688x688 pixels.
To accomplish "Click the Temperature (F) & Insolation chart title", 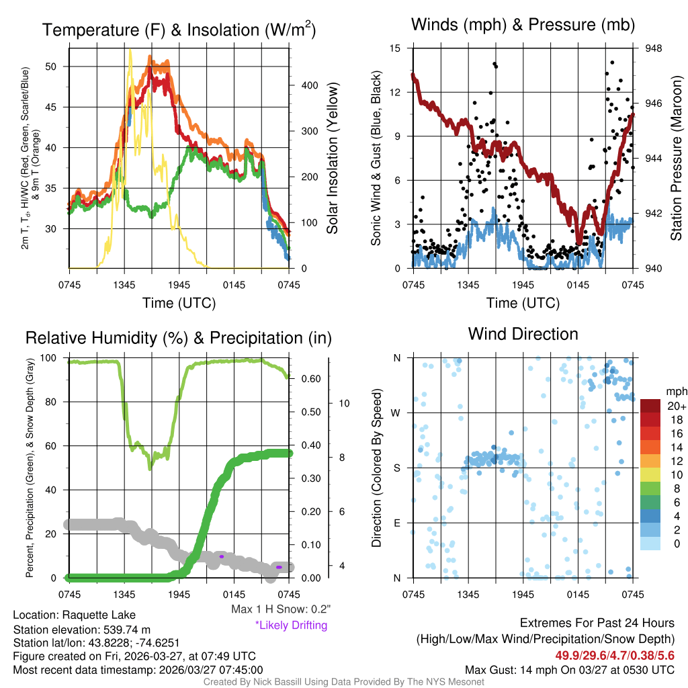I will (179, 30).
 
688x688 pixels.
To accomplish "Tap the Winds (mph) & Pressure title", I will (523, 26).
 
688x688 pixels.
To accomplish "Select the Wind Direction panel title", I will (523, 334).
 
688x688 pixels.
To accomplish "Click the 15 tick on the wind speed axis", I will (395, 48).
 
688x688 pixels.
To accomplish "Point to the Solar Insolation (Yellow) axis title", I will (332, 157).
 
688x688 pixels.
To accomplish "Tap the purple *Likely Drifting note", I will (291, 625).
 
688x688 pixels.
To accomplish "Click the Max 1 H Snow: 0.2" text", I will (280, 609).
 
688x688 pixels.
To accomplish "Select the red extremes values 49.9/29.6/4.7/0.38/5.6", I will (614, 655).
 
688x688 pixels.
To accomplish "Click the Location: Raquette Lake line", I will (74, 615).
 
